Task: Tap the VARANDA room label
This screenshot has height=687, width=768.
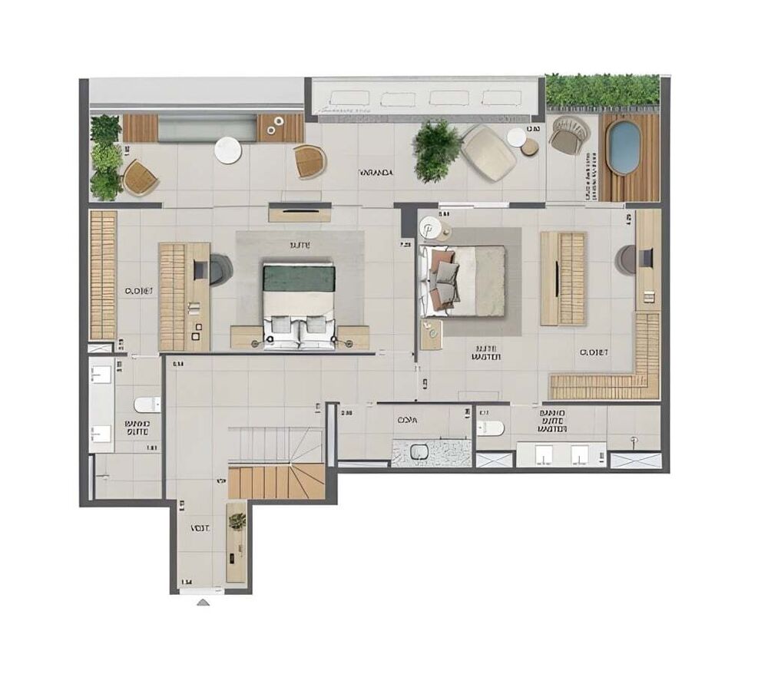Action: pos(376,173)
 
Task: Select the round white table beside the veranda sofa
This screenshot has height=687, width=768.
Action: pos(227,150)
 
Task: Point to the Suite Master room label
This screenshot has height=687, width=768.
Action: pos(486,352)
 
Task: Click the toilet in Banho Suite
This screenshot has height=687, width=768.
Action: pos(146,404)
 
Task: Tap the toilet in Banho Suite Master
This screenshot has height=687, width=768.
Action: pos(490,428)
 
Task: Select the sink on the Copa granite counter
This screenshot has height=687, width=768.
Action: pos(419,453)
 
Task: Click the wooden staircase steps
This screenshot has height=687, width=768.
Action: pos(276,482)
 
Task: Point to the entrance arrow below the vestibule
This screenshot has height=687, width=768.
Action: pos(203,602)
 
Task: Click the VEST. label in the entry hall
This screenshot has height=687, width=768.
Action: pos(200,529)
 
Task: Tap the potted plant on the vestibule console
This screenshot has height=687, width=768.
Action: pos(237,521)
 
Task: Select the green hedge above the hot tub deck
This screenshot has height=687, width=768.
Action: pos(602,91)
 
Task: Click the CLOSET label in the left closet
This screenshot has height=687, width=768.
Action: pos(139,291)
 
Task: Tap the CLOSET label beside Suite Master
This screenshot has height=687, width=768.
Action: pos(594,352)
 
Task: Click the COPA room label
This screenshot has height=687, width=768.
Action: pos(407,420)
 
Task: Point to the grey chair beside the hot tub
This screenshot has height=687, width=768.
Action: pos(569,134)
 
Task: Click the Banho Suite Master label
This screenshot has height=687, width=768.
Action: pos(552,421)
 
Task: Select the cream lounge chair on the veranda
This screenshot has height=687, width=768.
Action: pos(488,153)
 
